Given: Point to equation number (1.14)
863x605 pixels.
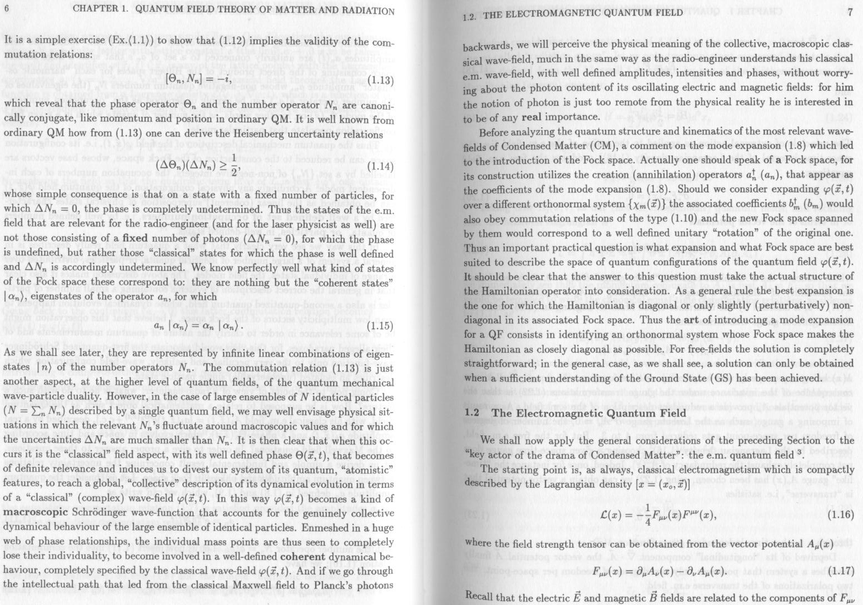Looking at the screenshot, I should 381,166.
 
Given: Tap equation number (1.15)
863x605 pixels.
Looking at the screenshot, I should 381,326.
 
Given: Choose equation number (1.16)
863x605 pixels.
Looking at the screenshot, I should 840,514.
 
